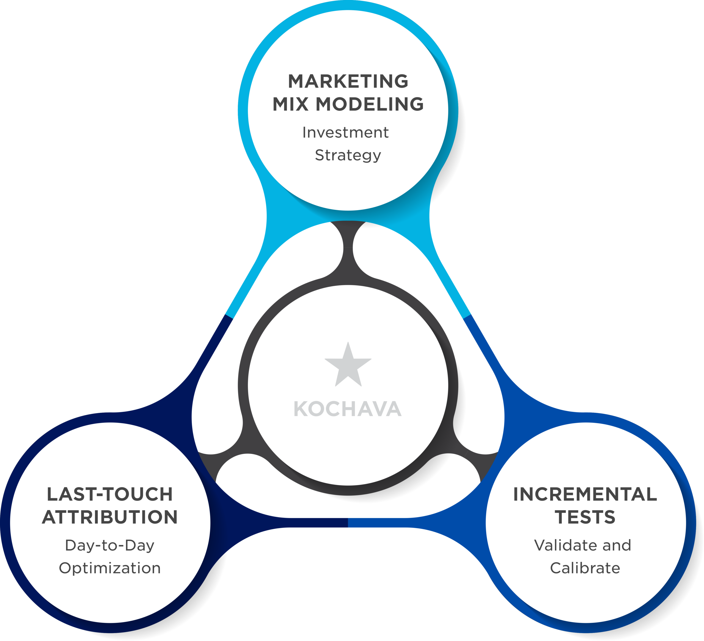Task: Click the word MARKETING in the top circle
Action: coord(348,81)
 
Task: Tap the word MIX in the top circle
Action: coord(291,104)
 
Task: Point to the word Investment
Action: coord(345,132)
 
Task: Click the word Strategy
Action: coord(348,155)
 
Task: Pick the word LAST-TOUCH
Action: coord(110,494)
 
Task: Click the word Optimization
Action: coord(110,568)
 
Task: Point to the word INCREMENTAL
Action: coord(585,494)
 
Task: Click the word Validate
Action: coord(563,545)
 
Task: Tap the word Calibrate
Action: coord(585,568)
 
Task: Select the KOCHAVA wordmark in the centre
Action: coord(348,409)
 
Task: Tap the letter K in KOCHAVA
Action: coord(301,409)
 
